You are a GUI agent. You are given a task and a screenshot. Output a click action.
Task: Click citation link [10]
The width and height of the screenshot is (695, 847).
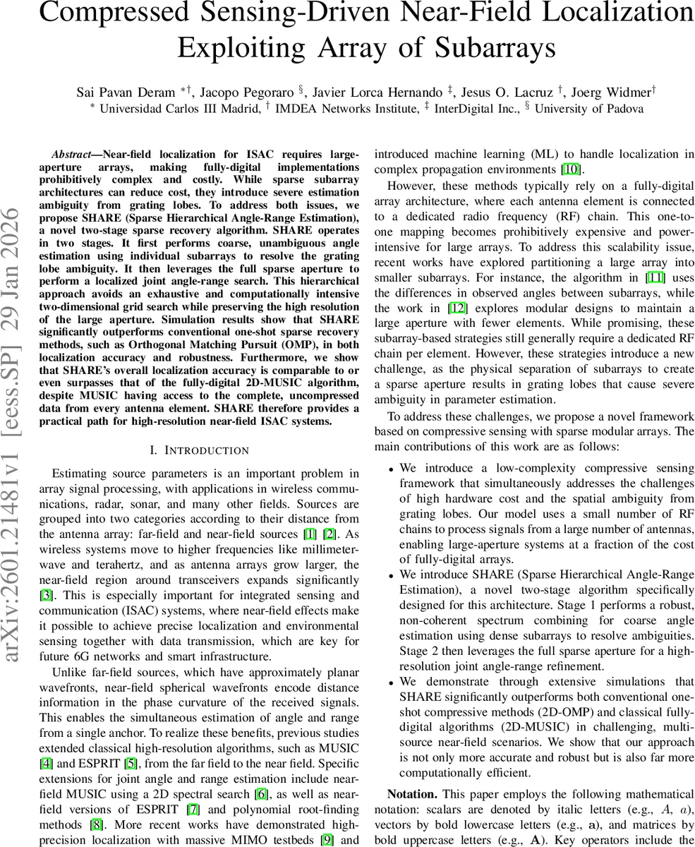572,169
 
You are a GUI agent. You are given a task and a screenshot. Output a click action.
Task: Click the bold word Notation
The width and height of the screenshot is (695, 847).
412,793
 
